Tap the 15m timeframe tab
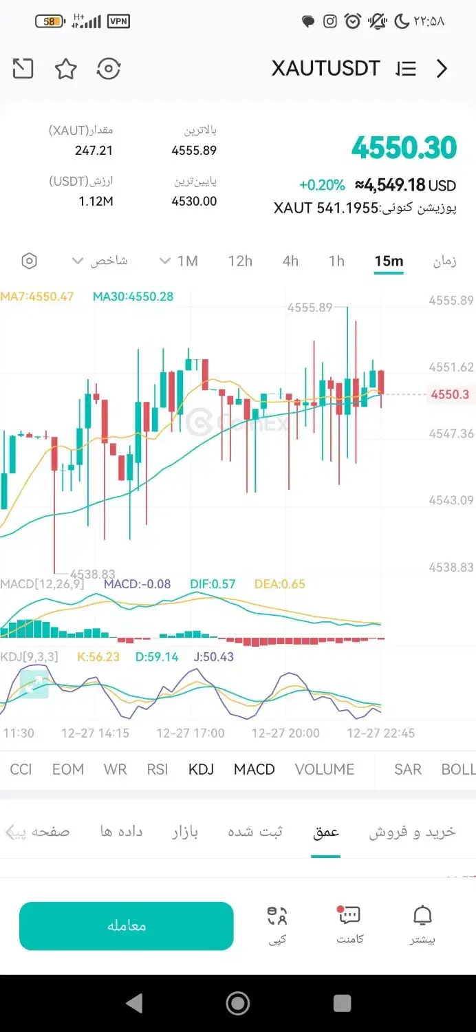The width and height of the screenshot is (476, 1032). (x=389, y=261)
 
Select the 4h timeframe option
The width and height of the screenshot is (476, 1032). (x=290, y=261)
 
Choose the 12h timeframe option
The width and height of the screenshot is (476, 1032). (x=240, y=261)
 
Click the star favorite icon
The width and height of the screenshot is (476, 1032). (x=66, y=69)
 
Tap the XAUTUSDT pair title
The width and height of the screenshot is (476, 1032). (x=325, y=69)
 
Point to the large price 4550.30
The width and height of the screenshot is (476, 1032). (x=404, y=148)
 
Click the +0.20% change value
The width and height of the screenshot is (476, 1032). (x=322, y=185)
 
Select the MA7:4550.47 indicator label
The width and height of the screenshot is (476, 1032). (x=37, y=297)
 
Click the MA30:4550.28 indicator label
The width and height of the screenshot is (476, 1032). (x=133, y=297)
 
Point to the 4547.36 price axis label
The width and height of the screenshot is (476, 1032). (x=451, y=433)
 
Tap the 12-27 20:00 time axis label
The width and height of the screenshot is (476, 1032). (x=285, y=733)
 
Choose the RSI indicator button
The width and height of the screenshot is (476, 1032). (x=158, y=769)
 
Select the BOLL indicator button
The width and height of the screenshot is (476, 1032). (x=457, y=769)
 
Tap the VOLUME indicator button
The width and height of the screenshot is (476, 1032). (x=325, y=769)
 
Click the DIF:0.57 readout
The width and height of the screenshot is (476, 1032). (x=213, y=584)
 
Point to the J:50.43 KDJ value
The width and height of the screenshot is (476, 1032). (x=213, y=657)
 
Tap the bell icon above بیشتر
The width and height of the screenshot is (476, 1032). (x=422, y=916)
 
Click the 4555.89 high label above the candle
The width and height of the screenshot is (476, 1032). (x=310, y=308)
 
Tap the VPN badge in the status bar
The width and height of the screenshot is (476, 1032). (x=118, y=22)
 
